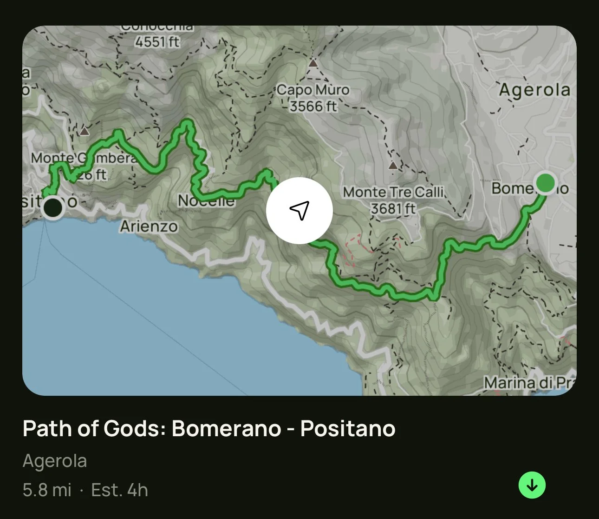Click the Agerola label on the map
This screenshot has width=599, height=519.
tap(534, 90)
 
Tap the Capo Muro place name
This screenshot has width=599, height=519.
tap(313, 90)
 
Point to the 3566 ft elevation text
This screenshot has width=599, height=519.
tap(313, 106)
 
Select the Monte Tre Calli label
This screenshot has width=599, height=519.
tap(394, 192)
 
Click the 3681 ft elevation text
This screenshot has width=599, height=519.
tap(393, 208)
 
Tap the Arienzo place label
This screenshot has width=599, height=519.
tap(149, 226)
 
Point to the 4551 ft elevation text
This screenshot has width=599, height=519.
tap(157, 42)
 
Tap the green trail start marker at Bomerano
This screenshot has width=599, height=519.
tap(545, 183)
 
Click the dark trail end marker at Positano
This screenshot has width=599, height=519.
tap(53, 207)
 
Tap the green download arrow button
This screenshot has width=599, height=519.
tap(532, 485)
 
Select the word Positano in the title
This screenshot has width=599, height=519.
tap(348, 428)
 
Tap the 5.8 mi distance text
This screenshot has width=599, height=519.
tap(47, 490)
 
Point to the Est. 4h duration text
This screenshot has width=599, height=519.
tap(119, 490)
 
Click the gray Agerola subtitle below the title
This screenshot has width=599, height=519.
tap(55, 461)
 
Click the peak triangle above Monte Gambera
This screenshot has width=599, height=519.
tap(84, 131)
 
